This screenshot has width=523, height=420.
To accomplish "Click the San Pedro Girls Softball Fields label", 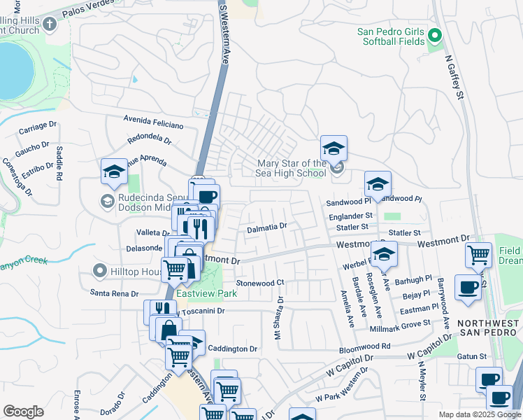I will click(391, 36).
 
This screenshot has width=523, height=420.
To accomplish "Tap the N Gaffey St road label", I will click(459, 76).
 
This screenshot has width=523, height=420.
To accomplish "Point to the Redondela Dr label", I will click(149, 139).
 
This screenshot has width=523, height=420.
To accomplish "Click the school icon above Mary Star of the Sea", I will click(334, 149).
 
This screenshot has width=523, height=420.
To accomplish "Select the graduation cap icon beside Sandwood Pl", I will click(378, 184).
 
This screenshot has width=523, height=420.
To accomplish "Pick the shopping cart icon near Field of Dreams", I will click(479, 255).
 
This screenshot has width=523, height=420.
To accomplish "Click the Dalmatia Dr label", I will click(266, 227).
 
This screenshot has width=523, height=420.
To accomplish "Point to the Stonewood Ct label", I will click(259, 283).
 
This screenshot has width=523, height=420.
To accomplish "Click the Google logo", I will click(23, 412).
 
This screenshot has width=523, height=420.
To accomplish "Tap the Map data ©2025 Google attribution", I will click(479, 414).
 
